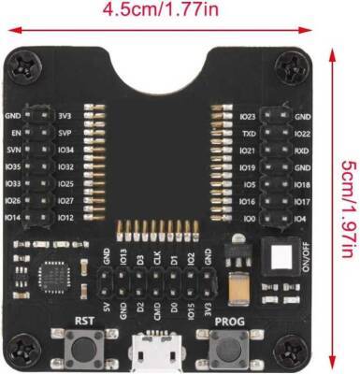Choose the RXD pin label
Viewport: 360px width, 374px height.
point(302,150)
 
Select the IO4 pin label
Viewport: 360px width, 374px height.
point(302,217)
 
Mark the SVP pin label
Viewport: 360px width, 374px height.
point(66,134)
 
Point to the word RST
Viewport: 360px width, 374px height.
point(85,320)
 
